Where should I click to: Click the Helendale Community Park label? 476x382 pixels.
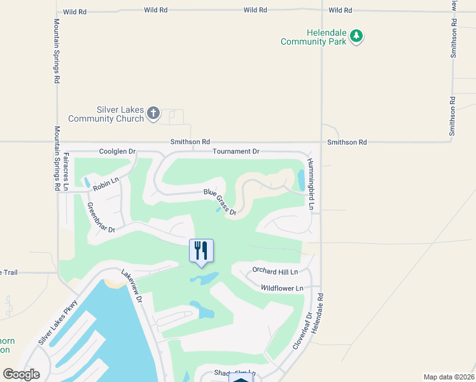[314, 37]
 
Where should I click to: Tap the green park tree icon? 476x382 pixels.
[357, 36]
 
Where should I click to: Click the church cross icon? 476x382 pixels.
[153, 114]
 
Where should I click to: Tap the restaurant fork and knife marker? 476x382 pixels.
[202, 250]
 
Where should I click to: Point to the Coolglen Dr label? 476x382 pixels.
[118, 152]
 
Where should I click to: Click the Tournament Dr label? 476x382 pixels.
[236, 152]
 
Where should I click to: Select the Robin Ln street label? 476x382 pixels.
[106, 184]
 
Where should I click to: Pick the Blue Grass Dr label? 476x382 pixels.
[220, 202]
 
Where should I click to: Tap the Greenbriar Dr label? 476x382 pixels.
[101, 217]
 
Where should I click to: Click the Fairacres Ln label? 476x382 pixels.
[66, 171]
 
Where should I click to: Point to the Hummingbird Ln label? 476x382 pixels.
[311, 184]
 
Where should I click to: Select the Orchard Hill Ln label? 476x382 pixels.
[275, 271]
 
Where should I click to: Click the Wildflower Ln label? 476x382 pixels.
[282, 288]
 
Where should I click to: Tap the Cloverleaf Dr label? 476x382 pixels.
[300, 330]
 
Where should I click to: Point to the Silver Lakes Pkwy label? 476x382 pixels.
[57, 322]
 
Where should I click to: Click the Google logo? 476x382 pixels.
[22, 374]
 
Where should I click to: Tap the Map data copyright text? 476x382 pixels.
[449, 377]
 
